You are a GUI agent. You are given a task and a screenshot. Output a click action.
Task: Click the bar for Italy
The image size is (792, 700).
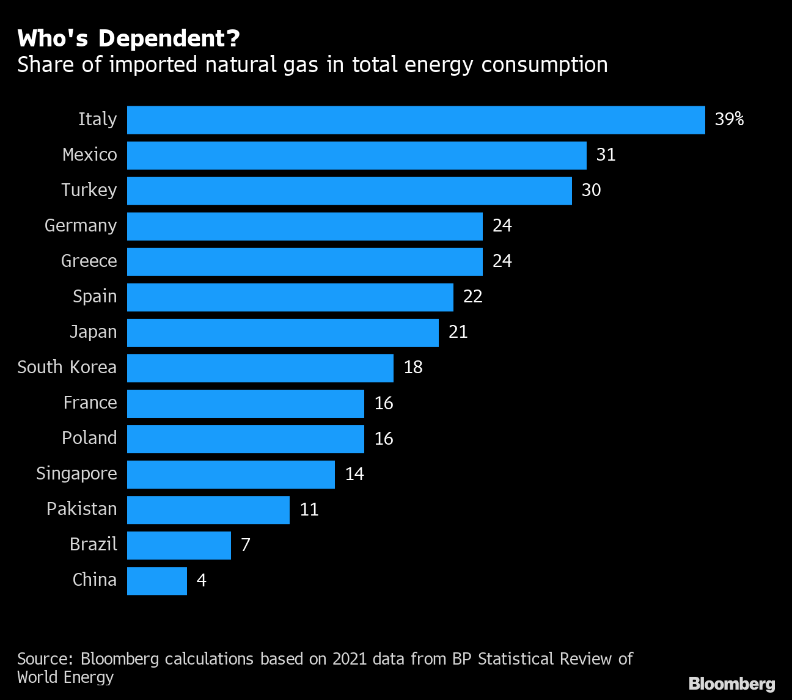pos(416,120)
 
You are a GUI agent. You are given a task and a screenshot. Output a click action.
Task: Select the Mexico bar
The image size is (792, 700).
pos(356,155)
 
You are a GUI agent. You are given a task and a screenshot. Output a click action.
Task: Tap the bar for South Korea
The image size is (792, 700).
pos(260,368)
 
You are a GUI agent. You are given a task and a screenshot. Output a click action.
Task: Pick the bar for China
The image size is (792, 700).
pos(156,580)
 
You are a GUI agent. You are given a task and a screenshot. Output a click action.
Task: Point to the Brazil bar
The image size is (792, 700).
pos(178,545)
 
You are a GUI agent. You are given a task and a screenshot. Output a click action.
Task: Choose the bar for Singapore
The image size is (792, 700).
pos(230,474)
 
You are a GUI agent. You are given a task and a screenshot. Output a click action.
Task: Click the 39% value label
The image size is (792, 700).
pos(729,119)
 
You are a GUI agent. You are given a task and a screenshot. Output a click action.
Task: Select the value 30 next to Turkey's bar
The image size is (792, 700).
pos(591,190)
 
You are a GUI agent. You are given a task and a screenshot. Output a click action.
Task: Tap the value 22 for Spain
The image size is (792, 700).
pos(473,296)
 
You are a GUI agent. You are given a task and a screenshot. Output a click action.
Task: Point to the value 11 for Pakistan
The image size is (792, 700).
pos(309,509)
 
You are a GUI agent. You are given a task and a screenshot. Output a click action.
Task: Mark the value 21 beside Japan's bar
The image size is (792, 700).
pos(458,332)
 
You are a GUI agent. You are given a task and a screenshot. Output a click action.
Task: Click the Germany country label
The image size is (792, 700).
pos(81,225)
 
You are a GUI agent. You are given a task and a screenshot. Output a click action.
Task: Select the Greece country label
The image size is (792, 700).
pos(89,261)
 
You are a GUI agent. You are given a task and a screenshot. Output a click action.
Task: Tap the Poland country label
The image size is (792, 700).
pos(89,438)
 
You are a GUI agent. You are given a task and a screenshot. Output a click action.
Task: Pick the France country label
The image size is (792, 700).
pos(90,403)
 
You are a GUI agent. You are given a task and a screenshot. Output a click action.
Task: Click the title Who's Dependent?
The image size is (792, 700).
pos(128,39)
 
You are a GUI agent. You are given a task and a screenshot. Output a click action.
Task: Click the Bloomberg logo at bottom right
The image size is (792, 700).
pos(732,684)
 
